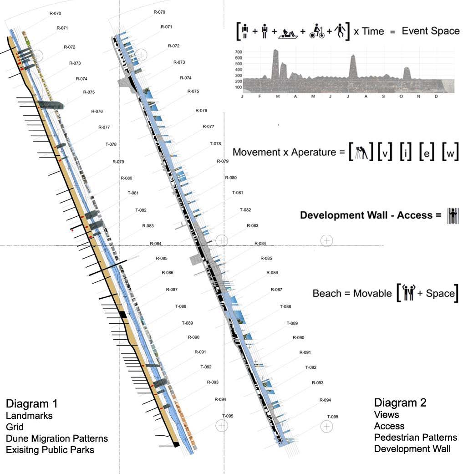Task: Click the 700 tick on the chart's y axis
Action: click(238, 52)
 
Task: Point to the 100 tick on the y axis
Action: click(238, 87)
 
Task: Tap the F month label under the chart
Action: click(259, 97)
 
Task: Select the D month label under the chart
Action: click(436, 97)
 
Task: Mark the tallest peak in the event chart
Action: click(275, 51)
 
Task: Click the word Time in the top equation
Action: click(372, 31)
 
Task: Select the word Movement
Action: click(253, 152)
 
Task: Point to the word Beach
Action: click(325, 293)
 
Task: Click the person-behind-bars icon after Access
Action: click(452, 214)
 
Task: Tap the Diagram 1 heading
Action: click(32, 404)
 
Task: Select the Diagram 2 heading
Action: click(400, 403)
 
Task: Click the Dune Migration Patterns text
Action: click(57, 438)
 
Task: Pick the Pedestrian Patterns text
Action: click(415, 438)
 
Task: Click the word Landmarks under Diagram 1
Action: click(29, 415)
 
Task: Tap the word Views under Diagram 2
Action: click(387, 414)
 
